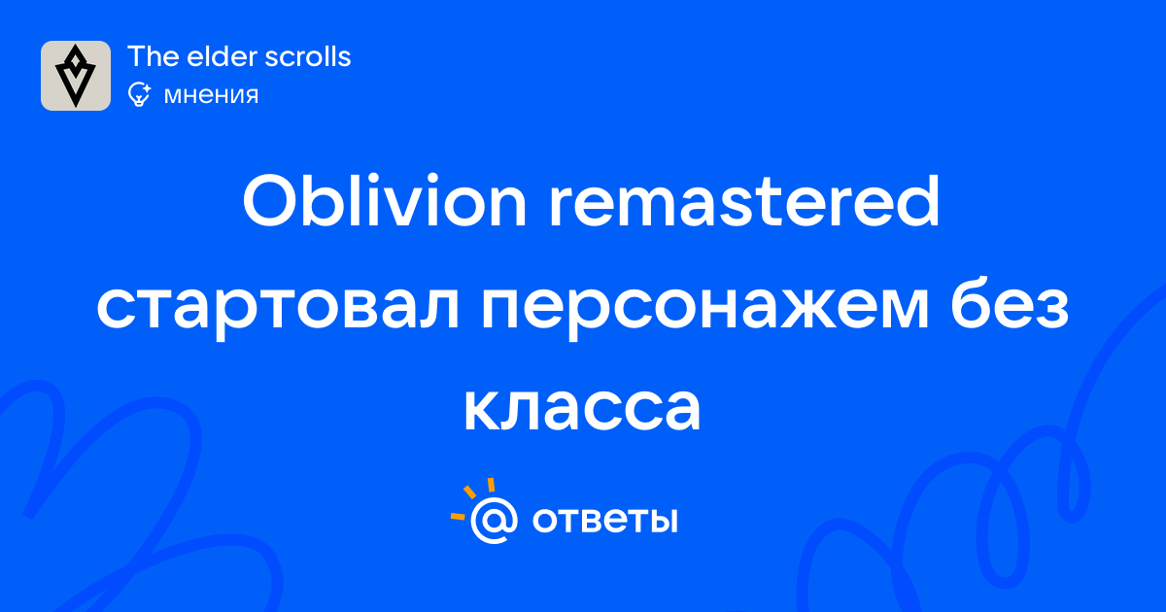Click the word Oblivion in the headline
(385, 201)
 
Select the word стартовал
(278, 309)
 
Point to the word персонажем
(705, 309)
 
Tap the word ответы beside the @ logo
(604, 520)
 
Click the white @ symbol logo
(494, 520)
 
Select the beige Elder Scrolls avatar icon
(76, 76)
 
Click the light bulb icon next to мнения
(139, 94)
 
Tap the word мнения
(211, 95)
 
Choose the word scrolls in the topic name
(308, 56)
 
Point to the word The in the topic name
(152, 56)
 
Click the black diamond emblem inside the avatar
(76, 76)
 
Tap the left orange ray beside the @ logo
(458, 516)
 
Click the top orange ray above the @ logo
(491, 485)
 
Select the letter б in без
(972, 303)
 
